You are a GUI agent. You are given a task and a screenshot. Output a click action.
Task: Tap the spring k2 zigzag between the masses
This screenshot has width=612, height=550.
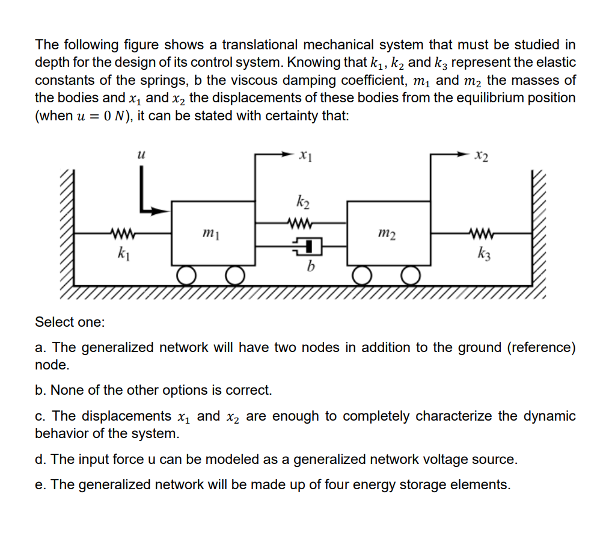301,223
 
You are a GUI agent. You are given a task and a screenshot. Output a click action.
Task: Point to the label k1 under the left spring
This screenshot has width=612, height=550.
124,253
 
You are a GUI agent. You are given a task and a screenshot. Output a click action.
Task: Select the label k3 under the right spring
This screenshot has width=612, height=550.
485,252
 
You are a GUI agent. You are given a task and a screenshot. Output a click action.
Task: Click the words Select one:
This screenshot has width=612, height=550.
70,322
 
